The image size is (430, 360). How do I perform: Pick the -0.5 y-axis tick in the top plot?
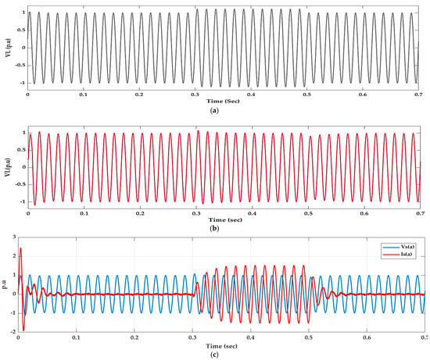click(x=18, y=65)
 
